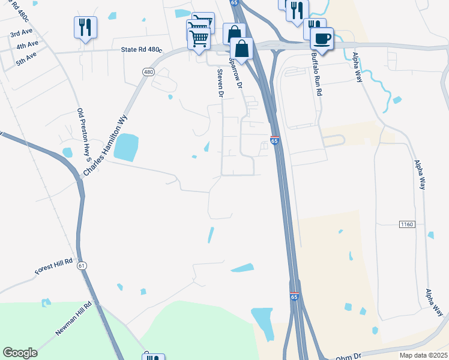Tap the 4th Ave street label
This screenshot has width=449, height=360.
[x=27, y=45]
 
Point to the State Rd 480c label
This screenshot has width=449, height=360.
[x=142, y=50]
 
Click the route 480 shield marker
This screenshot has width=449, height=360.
[x=148, y=72]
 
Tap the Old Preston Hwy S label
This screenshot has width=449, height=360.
[x=83, y=136]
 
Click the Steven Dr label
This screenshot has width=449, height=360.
[x=220, y=82]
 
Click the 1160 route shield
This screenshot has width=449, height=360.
[x=407, y=224]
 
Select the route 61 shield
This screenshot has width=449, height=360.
[x=82, y=265]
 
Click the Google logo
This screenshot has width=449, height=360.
[x=20, y=353]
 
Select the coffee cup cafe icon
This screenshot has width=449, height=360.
[x=322, y=38]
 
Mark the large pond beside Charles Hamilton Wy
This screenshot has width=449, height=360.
[x=125, y=147]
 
